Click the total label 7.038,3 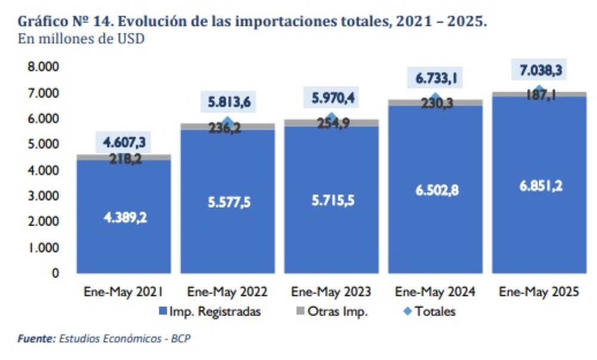[539, 70]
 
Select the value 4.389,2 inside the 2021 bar [124, 217]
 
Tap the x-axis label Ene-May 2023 [331, 292]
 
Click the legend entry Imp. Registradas [210, 311]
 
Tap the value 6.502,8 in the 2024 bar [435, 190]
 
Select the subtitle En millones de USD [81, 39]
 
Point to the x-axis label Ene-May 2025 [539, 292]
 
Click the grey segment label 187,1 [539, 94]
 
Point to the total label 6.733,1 [435, 78]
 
